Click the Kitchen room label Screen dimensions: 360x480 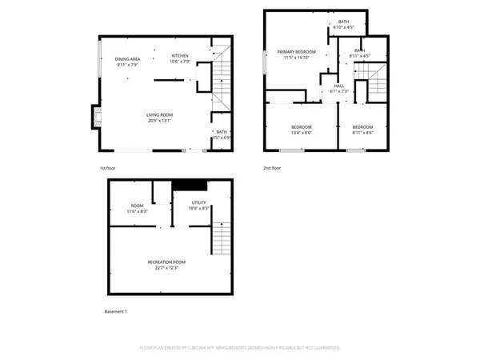(180, 55)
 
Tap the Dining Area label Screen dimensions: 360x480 (128, 58)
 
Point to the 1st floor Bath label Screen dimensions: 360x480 (220, 131)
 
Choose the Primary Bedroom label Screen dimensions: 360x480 (297, 52)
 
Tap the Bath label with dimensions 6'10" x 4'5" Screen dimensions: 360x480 (343, 22)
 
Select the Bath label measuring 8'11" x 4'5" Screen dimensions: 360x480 (360, 50)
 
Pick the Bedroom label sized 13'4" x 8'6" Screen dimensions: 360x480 (301, 127)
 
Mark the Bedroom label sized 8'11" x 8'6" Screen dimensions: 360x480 (363, 127)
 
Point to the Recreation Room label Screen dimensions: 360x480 (166, 262)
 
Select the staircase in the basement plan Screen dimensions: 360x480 (222, 238)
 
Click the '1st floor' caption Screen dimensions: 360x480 (109, 168)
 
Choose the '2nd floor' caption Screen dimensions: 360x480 (272, 168)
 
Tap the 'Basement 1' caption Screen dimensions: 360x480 (116, 311)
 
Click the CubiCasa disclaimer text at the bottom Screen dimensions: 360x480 (240, 348)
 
